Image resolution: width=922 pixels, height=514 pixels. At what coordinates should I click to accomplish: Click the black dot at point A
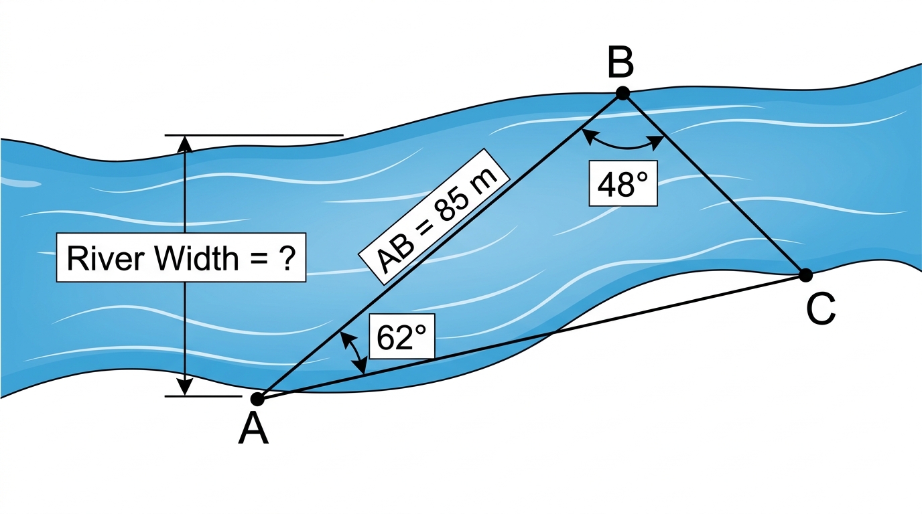coord(257,398)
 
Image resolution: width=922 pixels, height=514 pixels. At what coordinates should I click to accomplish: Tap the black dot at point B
coord(622,93)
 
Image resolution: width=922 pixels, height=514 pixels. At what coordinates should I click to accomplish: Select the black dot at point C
coord(805,275)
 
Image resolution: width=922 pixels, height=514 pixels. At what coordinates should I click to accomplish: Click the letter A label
coord(253,429)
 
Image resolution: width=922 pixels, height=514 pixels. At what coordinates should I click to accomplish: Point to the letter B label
coord(620,64)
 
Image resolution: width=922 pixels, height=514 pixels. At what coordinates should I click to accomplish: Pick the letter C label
coord(821,309)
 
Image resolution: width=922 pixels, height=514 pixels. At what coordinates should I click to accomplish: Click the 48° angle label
coord(622,183)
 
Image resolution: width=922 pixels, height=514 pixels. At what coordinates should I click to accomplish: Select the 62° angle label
coord(401,337)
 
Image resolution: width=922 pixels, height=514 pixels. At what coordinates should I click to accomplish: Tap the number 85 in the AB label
coord(452,204)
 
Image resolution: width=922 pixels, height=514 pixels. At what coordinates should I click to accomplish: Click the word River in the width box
coord(106,258)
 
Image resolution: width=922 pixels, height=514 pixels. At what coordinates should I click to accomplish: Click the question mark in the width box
coord(287,258)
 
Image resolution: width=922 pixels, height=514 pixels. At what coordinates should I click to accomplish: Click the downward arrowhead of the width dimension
coord(185,388)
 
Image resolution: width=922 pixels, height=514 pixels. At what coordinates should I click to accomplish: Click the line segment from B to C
coord(714,184)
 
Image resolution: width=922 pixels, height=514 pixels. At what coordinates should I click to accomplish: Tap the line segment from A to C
coord(531,337)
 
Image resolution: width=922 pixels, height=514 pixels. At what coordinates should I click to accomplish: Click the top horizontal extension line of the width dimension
coord(254,135)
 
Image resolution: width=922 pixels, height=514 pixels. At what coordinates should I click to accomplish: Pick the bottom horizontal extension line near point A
coord(203,396)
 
